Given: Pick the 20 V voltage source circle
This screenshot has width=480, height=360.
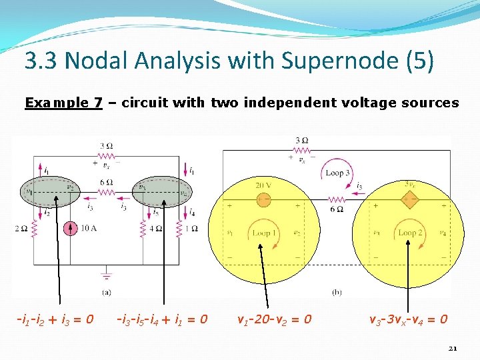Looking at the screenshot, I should (x=263, y=198).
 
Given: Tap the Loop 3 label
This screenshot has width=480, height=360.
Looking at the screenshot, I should (x=338, y=173).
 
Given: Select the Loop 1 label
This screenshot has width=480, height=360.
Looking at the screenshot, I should (x=265, y=233).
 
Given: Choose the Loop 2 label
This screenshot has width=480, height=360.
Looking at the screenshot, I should (x=411, y=233).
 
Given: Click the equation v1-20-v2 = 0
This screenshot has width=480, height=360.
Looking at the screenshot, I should (x=274, y=319).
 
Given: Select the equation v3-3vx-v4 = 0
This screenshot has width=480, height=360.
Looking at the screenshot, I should (x=408, y=319).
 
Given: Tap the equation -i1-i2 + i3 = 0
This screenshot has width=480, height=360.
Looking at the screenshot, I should (x=55, y=319).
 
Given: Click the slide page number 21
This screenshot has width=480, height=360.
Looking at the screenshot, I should (x=453, y=347).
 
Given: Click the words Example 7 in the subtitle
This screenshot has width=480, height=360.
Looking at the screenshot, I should (x=63, y=103).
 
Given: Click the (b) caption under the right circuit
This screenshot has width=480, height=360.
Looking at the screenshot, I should (x=337, y=292).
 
